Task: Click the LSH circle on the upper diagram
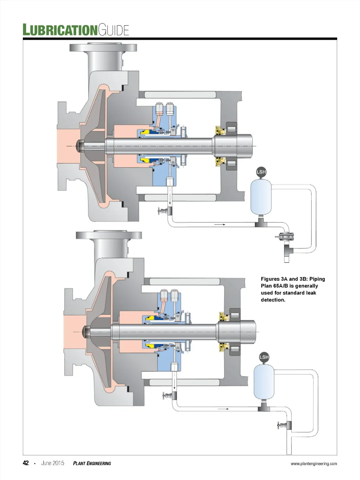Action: tap(261, 172)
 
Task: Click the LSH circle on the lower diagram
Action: tap(264, 357)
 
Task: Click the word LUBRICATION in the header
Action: tap(60, 30)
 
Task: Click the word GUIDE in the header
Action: tap(113, 30)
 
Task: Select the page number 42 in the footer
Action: tap(26, 463)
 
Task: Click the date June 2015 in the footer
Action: tap(53, 463)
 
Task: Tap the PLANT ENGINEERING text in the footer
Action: tap(92, 463)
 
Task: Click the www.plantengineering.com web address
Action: tap(314, 463)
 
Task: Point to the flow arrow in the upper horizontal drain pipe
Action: tap(219, 225)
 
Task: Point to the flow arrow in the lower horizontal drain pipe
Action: tap(223, 409)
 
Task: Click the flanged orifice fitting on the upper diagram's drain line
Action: tap(284, 236)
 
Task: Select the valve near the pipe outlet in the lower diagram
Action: tap(284, 425)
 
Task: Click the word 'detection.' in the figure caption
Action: tap(273, 300)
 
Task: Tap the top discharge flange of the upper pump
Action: tap(103, 47)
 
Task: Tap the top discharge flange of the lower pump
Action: tap(109, 235)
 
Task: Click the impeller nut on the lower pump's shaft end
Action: tap(86, 332)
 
